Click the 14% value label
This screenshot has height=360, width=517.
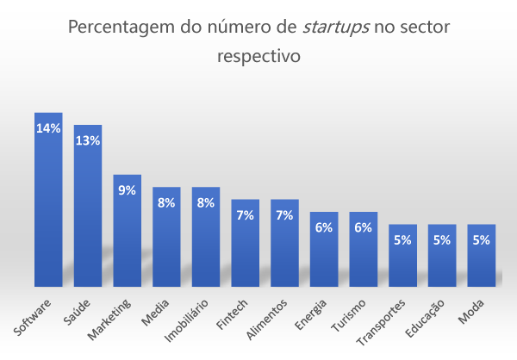pyautogui.click(x=48, y=128)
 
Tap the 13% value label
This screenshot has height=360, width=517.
pyautogui.click(x=88, y=140)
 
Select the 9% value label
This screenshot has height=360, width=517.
pyautogui.click(x=127, y=190)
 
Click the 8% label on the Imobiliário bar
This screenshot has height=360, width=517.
pyautogui.click(x=206, y=203)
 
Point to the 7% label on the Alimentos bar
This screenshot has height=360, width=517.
pyautogui.click(x=284, y=215)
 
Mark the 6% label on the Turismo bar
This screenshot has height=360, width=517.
pyautogui.click(x=364, y=228)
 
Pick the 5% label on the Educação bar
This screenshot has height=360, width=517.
pyautogui.click(x=442, y=240)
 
